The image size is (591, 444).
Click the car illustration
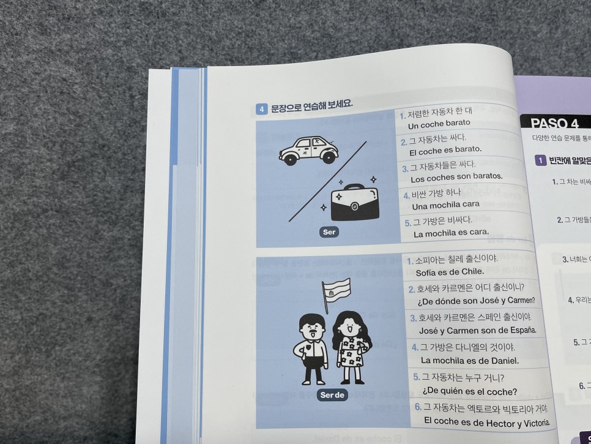[x=308, y=150]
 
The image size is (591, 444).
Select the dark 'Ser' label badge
[x=329, y=232]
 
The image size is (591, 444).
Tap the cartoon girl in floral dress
[x=351, y=347]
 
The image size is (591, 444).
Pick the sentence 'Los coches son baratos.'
[x=456, y=178]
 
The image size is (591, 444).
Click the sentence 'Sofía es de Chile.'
[x=450, y=272]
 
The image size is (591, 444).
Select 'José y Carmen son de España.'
[x=477, y=330]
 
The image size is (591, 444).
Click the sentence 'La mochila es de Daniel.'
[x=470, y=361]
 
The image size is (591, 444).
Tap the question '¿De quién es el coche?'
[x=469, y=391]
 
